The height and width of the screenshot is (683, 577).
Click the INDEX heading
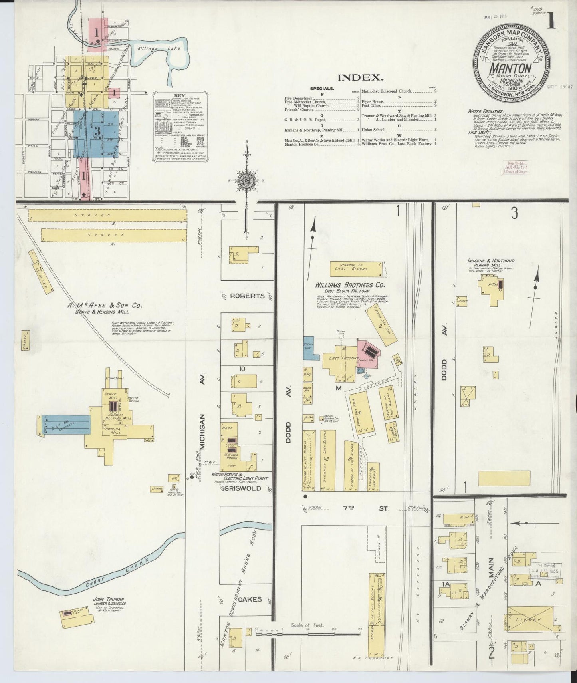(361, 77)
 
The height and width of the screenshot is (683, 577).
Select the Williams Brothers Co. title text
(350, 285)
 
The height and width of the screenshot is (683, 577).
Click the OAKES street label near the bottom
(251, 599)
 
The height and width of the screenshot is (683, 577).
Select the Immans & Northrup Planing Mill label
(491, 262)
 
